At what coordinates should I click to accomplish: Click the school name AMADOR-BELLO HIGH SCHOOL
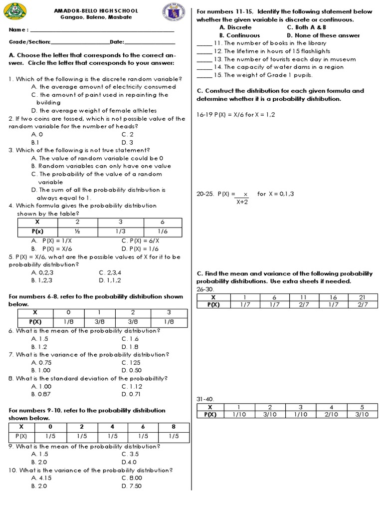point(96,10)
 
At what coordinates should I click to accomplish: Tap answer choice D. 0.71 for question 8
point(131,394)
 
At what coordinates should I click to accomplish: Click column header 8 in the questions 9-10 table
point(173,427)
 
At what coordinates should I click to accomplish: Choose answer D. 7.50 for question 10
point(132,486)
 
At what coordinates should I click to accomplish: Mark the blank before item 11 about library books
point(204,43)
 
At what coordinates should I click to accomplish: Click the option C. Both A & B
point(306,27)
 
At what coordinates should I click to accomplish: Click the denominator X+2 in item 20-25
point(242,202)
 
